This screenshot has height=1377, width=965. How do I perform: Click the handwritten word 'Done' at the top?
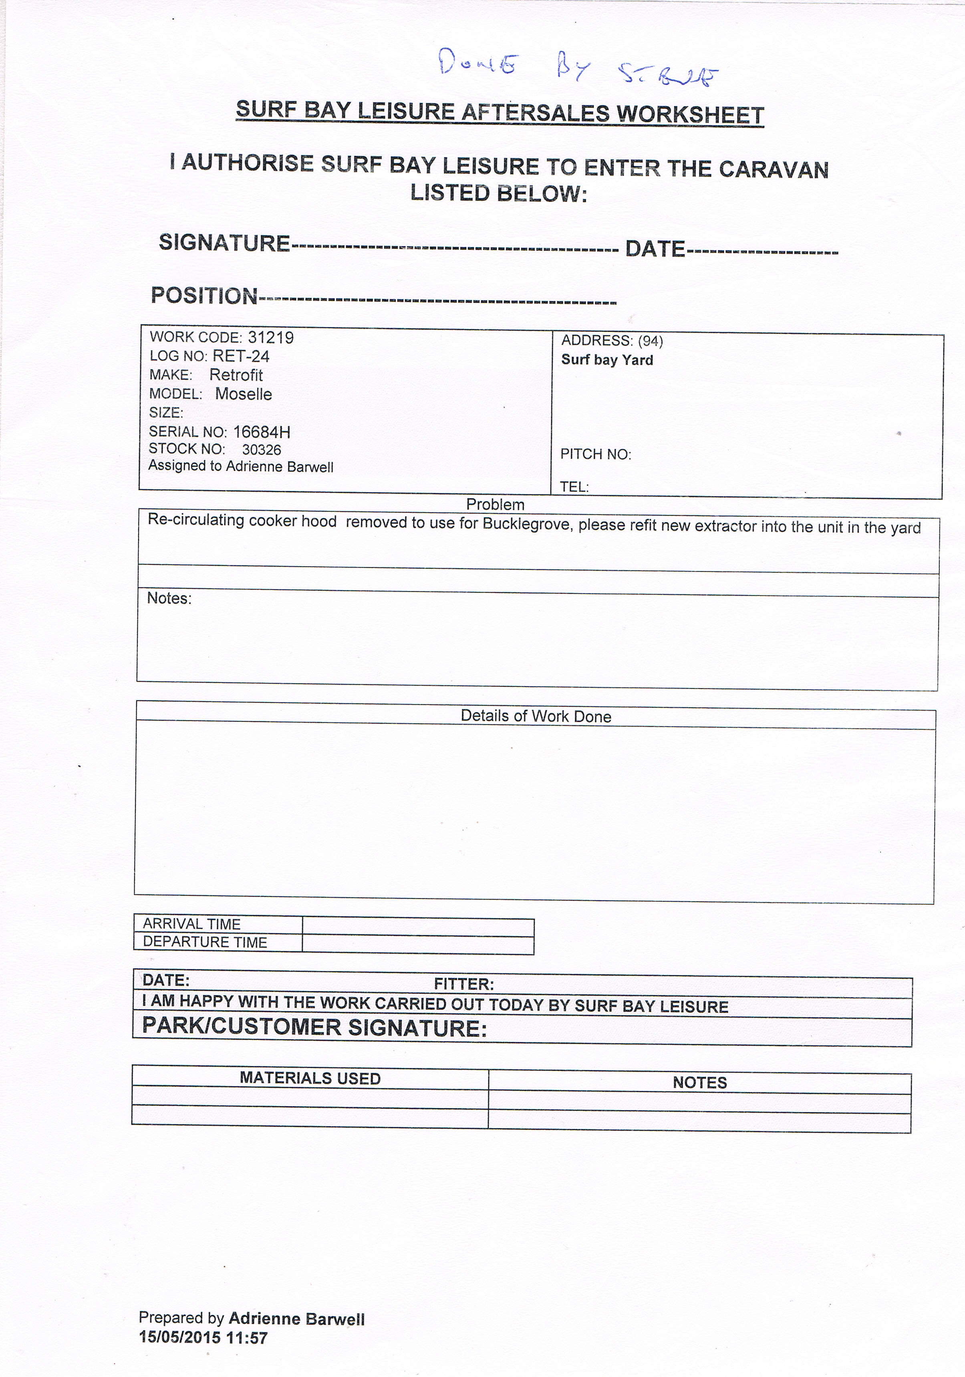(x=477, y=63)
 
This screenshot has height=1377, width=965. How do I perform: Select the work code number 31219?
(x=270, y=338)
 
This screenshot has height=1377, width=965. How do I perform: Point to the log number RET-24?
(x=241, y=356)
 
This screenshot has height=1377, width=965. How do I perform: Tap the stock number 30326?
(x=261, y=450)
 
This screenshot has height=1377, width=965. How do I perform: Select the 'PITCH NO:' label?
(x=595, y=454)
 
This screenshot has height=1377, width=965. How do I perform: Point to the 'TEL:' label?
(x=574, y=487)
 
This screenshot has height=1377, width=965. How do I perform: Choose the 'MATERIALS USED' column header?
(x=310, y=1078)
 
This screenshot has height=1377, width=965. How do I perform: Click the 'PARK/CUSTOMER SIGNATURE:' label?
(x=314, y=1028)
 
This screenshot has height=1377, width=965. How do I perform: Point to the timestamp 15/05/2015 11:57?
(x=203, y=1337)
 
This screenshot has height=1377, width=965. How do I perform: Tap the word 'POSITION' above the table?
(x=204, y=296)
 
